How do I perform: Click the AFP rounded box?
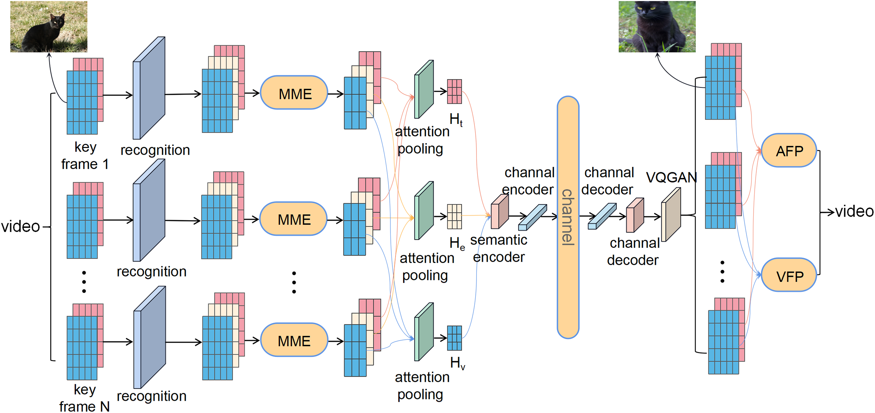(x=789, y=151)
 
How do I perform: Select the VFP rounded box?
(x=789, y=276)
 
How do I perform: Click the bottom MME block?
(x=294, y=341)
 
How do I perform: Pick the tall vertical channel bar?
(x=567, y=217)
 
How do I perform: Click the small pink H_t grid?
(x=454, y=91)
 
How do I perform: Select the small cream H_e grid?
(x=454, y=217)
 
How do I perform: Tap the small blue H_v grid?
(x=454, y=338)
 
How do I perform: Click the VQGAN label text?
(x=671, y=177)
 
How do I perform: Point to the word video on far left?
(x=20, y=226)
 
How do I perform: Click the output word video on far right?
(x=854, y=211)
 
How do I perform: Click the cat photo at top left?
(x=49, y=27)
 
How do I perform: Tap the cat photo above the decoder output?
(x=657, y=27)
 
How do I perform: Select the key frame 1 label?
(x=85, y=156)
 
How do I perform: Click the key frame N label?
(x=84, y=398)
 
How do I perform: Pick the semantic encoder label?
(x=499, y=248)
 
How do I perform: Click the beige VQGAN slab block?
(x=671, y=214)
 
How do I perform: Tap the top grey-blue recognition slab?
(x=149, y=88)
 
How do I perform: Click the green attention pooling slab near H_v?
(x=424, y=332)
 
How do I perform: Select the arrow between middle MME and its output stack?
(x=335, y=220)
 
